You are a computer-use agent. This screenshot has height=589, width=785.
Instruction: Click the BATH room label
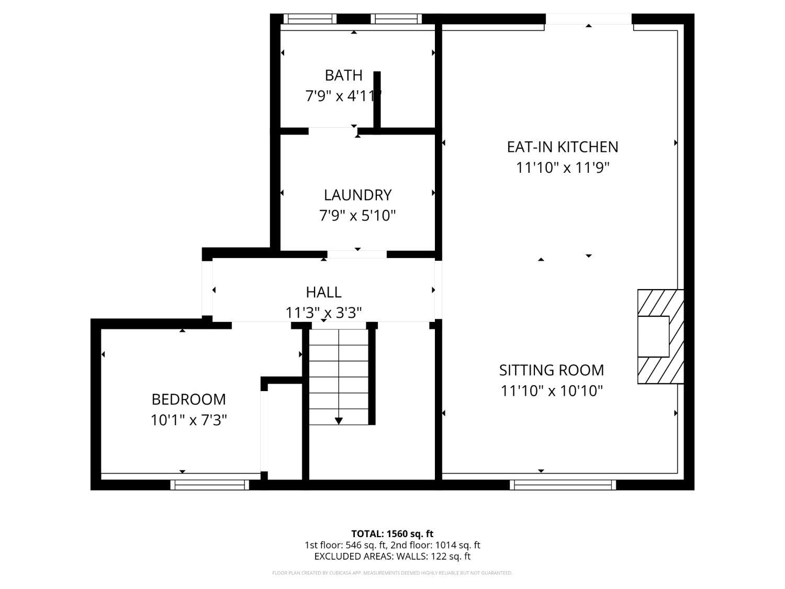[x=343, y=75]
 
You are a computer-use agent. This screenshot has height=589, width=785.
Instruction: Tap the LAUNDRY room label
[x=357, y=195]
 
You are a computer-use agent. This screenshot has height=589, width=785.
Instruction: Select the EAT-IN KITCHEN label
[x=563, y=147]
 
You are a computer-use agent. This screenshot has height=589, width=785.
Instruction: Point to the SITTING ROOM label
[x=552, y=370]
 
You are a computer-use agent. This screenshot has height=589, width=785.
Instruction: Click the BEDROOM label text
[x=188, y=399]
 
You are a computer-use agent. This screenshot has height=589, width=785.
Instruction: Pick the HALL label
[x=323, y=292]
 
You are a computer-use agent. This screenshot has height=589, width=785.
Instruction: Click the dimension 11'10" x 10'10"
[x=552, y=391]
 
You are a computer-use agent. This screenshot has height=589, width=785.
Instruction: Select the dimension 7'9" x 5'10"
[x=357, y=216]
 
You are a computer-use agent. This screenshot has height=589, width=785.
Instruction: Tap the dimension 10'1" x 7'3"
[x=188, y=420]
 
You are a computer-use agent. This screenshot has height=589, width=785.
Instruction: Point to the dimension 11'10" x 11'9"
[x=563, y=168]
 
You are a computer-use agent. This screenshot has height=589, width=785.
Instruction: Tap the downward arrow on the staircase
[x=339, y=420]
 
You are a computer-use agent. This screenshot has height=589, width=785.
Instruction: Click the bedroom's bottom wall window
[x=209, y=485]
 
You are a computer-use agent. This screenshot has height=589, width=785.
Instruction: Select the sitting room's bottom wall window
[x=563, y=485]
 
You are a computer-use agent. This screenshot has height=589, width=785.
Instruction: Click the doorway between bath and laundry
[x=333, y=130]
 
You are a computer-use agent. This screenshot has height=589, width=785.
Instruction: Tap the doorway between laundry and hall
[x=357, y=254]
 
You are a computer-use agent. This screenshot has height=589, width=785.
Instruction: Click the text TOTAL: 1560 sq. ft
[x=392, y=534]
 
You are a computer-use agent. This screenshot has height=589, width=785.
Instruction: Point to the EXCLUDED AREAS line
[x=392, y=557]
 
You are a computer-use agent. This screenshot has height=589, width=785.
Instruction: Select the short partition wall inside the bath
[x=377, y=99]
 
